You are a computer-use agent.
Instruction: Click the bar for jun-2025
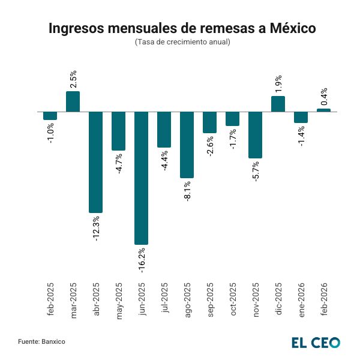142,178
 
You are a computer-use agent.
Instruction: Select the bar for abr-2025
96,162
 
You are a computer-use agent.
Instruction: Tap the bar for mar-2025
73,101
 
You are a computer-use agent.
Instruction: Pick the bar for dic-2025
278,104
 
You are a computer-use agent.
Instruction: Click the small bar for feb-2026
323,110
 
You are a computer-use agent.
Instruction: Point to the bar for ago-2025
187,145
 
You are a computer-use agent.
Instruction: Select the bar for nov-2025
255,135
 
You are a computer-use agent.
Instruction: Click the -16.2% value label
142,260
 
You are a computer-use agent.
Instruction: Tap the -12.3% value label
96,227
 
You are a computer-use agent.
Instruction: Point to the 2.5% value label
73,79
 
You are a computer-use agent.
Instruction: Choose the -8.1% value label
187,191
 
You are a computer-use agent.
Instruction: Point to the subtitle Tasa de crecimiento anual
180,42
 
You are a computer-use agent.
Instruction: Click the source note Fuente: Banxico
41,341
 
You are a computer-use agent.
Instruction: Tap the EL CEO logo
316,343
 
